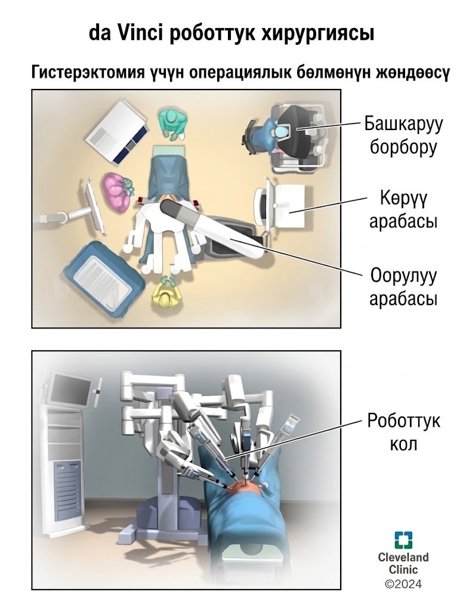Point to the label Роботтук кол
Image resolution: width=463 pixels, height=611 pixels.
coord(404,432)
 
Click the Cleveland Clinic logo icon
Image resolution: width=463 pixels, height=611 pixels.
coord(404,539)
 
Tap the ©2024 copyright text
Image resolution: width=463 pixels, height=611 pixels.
coord(403,584)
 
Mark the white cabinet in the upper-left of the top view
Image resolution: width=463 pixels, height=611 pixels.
coord(118,131)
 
